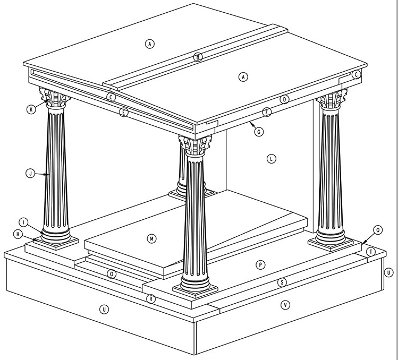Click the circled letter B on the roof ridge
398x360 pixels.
198,57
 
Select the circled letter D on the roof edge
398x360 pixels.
284,99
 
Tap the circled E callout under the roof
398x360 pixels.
123,113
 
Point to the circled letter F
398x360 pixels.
267,112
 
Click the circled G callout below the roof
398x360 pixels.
258,132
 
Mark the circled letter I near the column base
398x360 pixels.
23,221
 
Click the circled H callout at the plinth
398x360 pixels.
18,234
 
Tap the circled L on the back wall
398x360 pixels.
271,159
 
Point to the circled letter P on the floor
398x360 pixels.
260,265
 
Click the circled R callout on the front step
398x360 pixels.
151,299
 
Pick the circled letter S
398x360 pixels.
282,282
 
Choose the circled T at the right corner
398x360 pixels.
371,251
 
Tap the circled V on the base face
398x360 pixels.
285,305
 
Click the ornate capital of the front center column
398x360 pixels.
195,144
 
